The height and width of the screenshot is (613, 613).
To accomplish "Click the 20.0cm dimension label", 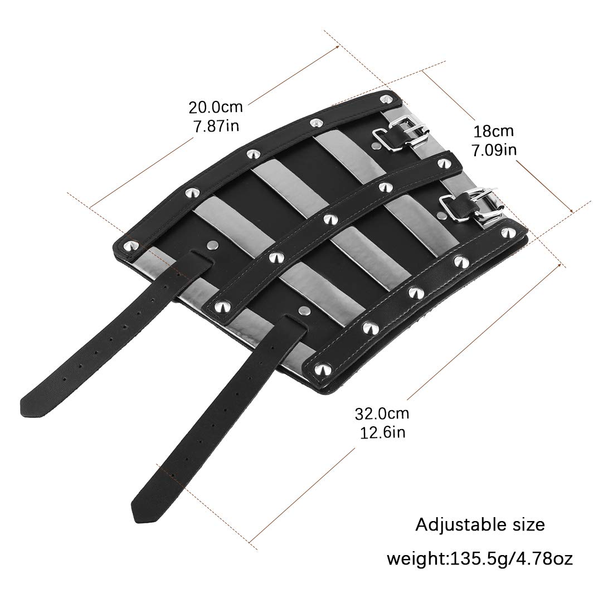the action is pyautogui.click(x=216, y=107).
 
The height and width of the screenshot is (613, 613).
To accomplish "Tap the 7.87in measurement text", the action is pyautogui.click(x=216, y=126).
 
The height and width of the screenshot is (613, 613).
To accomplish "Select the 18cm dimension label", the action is pyautogui.click(x=493, y=131).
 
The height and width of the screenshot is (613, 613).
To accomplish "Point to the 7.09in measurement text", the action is pyautogui.click(x=494, y=150).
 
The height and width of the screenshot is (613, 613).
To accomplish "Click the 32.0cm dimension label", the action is pyautogui.click(x=382, y=413).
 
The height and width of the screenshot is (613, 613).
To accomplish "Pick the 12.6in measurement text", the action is pyautogui.click(x=382, y=432).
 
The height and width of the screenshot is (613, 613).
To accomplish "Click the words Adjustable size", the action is pyautogui.click(x=480, y=524).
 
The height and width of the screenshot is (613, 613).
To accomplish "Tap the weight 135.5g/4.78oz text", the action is pyautogui.click(x=480, y=558).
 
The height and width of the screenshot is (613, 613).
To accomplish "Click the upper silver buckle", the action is pyautogui.click(x=399, y=134).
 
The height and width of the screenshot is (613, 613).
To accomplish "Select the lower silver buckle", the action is pyautogui.click(x=468, y=205).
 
